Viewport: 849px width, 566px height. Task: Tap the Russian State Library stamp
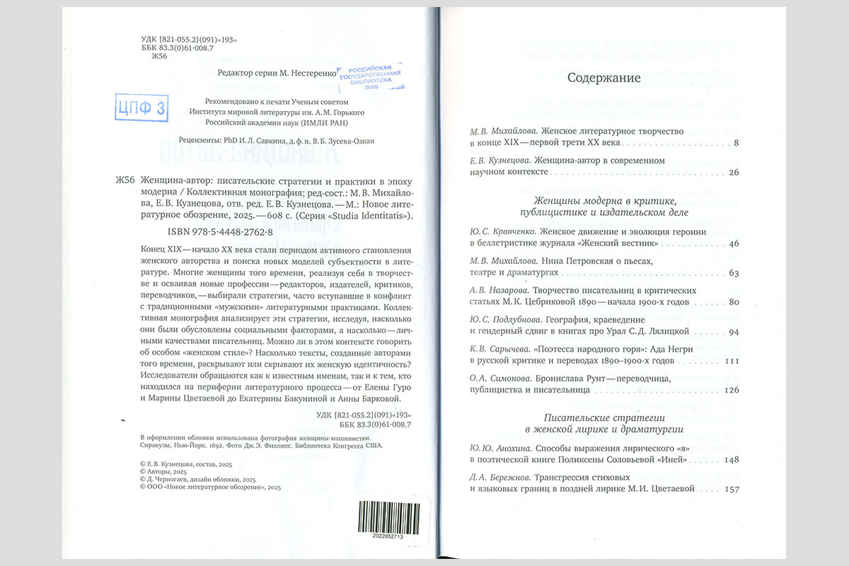(374, 79)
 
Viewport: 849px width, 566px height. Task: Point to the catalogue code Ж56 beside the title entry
(125, 180)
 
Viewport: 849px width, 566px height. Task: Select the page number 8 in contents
(736, 144)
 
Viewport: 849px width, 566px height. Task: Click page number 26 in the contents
(733, 172)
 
